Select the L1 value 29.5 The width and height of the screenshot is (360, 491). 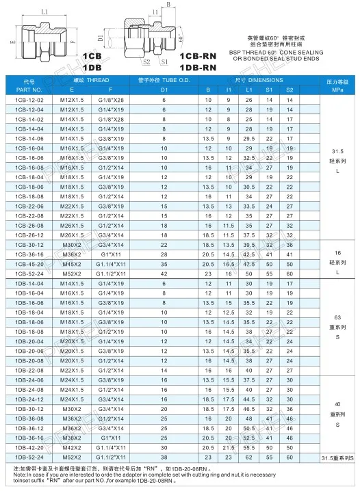(x=249, y=138)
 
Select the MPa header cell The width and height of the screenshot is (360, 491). (x=337, y=90)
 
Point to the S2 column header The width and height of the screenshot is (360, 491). (x=290, y=90)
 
